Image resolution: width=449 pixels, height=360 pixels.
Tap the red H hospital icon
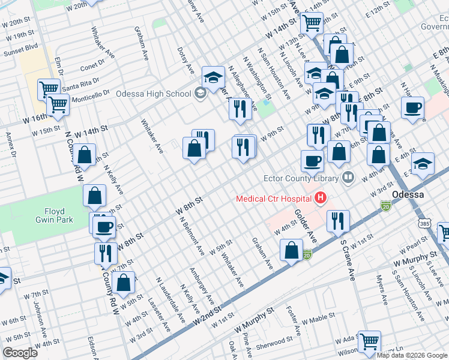(x=320, y=197)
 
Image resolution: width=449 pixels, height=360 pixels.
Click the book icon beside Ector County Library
(x=348, y=177)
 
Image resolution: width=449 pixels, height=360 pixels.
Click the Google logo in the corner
(x=20, y=352)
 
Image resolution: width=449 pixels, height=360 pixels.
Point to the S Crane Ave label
(x=347, y=260)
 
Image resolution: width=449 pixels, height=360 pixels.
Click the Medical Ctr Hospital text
(x=274, y=198)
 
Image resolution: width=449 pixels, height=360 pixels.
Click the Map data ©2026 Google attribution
(x=412, y=355)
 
